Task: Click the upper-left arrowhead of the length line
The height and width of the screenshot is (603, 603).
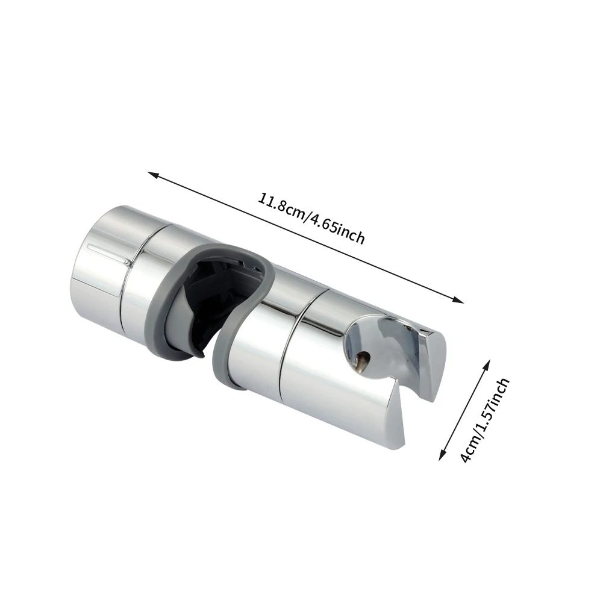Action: click(152, 175)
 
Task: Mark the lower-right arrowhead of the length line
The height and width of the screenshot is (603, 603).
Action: click(460, 301)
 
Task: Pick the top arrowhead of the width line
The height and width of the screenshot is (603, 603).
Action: click(487, 363)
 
